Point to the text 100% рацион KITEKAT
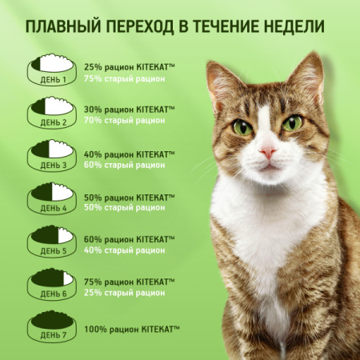tap(132, 328)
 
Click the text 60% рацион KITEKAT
tap(128, 238)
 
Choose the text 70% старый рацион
tap(124, 120)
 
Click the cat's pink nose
tap(268, 150)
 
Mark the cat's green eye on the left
tap(242, 126)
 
